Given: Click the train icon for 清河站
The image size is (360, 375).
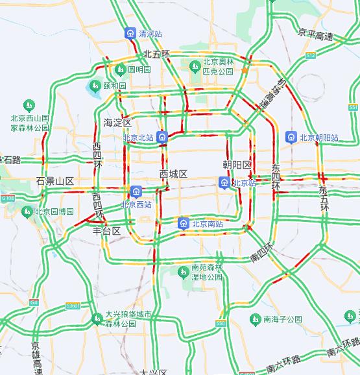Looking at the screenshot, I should point(130,33).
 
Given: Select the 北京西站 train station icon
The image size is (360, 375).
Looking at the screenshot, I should point(136,191).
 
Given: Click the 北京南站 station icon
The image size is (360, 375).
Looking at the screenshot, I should point(184,224).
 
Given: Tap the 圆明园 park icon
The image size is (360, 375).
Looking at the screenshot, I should point(120,69).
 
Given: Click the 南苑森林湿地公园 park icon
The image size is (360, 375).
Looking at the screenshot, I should point(184,272).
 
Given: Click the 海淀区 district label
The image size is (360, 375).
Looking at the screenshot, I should point(117,123).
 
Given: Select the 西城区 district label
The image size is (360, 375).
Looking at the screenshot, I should point(173,174).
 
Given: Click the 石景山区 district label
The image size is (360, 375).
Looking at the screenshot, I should point(55,180).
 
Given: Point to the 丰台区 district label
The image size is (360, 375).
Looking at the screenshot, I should point(106,231).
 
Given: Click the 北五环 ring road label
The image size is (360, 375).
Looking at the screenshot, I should point(156,54).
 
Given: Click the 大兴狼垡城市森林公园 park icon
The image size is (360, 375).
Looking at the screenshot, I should point(97,318).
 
